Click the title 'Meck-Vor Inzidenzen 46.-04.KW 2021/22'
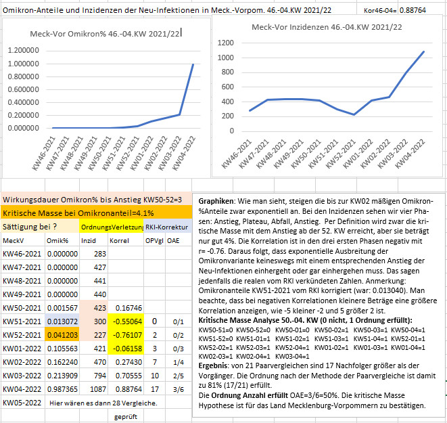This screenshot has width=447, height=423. [x=327, y=27]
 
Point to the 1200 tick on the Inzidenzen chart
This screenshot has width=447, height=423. [x=225, y=43]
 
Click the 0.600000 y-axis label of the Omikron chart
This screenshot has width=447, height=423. [x=24, y=89]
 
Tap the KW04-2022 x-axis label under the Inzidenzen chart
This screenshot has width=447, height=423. [x=410, y=154]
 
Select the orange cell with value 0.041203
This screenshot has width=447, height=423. [x=62, y=335]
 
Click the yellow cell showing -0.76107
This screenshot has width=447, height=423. [x=126, y=335]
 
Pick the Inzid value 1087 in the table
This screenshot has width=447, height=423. [x=98, y=389]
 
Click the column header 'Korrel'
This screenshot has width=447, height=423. [x=120, y=241]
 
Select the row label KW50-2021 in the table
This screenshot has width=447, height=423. [x=22, y=308]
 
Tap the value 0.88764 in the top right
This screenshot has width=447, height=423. [x=413, y=10]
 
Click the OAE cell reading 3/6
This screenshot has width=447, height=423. [x=178, y=389]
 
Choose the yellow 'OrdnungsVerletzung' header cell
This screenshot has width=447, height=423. [x=112, y=227]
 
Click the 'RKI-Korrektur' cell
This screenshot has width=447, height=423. [x=167, y=227]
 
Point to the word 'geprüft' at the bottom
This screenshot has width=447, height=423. [x=126, y=417]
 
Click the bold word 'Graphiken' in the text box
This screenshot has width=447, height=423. [x=216, y=201]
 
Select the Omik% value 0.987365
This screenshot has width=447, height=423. [x=62, y=389]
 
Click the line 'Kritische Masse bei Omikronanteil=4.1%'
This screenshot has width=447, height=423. [x=78, y=213]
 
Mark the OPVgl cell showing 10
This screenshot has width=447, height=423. [x=154, y=376]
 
